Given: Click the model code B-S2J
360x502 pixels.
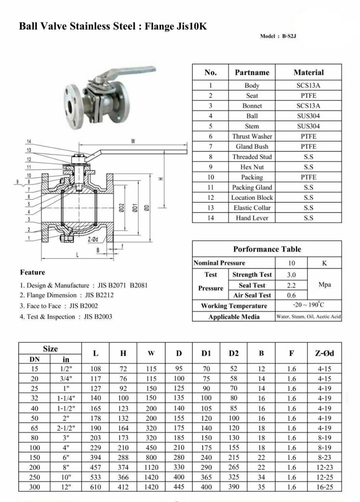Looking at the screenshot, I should [x=289, y=36].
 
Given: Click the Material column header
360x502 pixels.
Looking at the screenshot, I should [x=308, y=72].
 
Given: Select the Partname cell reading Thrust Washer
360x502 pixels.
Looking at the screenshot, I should [x=252, y=136].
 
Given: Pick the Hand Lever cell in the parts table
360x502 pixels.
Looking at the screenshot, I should [x=252, y=218].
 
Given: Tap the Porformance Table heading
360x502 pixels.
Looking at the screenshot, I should [x=267, y=249].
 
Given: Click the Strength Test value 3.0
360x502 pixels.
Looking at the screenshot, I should [x=291, y=275].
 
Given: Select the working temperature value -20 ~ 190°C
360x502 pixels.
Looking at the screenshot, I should [x=308, y=305].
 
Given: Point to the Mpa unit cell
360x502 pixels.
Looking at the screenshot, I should [x=324, y=285].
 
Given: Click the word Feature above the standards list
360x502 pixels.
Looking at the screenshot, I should [x=32, y=272].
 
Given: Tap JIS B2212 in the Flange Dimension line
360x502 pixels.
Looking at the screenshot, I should [x=99, y=295].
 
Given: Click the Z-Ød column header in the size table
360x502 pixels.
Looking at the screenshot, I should [x=324, y=353].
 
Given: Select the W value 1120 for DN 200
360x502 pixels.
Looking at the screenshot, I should [x=151, y=467].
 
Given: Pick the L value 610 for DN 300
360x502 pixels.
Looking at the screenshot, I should [x=96, y=487].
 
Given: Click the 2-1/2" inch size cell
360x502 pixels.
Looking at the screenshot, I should [x=66, y=428].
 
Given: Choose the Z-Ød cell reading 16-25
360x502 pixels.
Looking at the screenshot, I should [x=324, y=487].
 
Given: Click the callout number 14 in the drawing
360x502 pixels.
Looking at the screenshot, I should [x=29, y=141].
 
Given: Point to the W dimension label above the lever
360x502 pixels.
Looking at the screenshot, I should [x=133, y=141].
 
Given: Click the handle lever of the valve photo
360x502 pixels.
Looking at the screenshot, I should [x=128, y=72].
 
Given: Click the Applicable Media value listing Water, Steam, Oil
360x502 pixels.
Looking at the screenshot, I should [x=308, y=317].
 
